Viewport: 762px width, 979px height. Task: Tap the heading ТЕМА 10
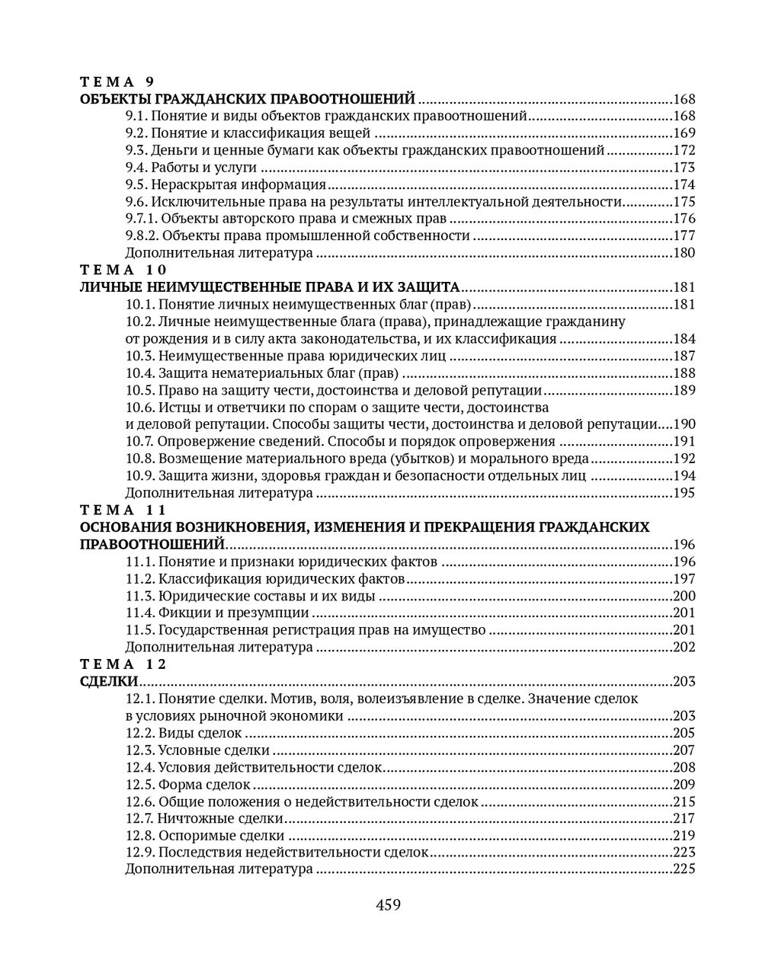pos(123,270)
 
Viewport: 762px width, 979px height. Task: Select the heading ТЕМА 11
pos(123,510)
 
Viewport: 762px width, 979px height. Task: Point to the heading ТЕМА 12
pos(123,664)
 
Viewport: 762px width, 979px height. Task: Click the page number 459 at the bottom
pos(388,905)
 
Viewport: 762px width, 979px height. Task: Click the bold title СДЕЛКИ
pos(108,681)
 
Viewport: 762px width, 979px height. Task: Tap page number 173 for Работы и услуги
pos(684,168)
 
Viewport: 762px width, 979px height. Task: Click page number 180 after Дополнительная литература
pos(684,253)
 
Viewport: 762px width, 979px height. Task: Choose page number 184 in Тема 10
pos(684,339)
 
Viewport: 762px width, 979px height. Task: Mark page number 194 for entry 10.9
pos(684,476)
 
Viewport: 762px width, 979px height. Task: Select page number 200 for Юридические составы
pos(684,596)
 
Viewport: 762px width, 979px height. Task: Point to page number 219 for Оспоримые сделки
pos(684,836)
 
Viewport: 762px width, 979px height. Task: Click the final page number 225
pos(684,869)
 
